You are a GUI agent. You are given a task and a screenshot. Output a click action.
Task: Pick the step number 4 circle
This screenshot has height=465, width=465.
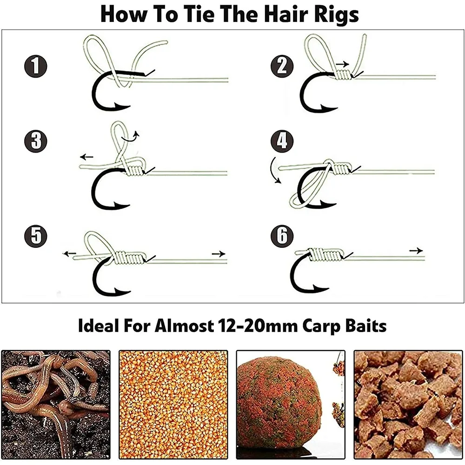[282, 140]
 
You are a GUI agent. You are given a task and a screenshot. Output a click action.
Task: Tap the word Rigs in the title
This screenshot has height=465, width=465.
[332, 14]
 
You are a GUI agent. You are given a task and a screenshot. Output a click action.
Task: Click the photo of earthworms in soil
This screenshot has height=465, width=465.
[55, 405]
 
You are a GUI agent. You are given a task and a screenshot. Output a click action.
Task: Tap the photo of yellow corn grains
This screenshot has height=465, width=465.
[173, 405]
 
